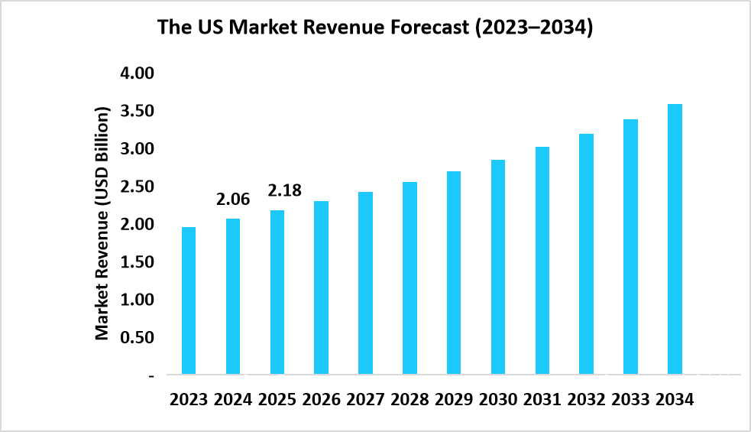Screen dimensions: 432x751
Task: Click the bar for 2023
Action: coord(188,300)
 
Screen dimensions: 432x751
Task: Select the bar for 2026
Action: coord(321,287)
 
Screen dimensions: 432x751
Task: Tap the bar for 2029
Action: coord(453,273)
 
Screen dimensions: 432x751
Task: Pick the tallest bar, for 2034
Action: coord(675,239)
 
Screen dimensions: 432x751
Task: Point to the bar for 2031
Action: coord(542,261)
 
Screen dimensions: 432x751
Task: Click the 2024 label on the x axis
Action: coord(232,400)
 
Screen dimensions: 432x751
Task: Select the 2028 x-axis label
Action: coord(409,400)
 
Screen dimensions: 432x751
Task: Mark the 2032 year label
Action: coord(586,400)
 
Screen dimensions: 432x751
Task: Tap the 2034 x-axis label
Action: coord(675,400)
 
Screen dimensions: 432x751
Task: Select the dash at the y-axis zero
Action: coord(151,375)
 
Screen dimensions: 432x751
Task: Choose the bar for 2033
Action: coord(630,247)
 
